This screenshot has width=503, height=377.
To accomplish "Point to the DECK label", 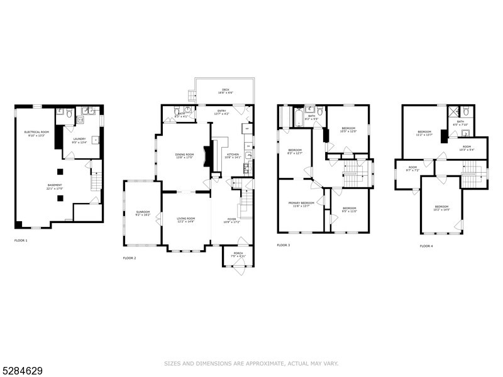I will (x=224, y=90).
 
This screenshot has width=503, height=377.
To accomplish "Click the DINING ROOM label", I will (x=184, y=156).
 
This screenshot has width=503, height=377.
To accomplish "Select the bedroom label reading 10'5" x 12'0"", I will (x=348, y=130).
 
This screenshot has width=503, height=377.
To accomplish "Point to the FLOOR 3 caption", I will (x=284, y=244).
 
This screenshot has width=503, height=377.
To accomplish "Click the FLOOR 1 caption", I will (x=21, y=240).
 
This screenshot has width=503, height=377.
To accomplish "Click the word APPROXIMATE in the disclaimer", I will (x=260, y=363).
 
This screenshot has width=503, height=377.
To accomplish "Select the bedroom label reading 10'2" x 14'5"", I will (x=441, y=208).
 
